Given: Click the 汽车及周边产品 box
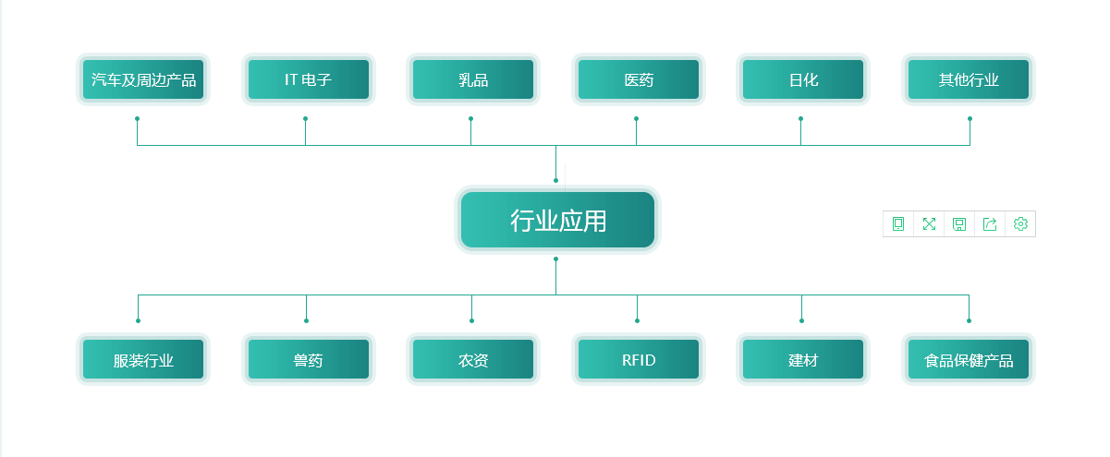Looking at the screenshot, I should point(143,79).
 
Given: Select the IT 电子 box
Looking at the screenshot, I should point(308,79).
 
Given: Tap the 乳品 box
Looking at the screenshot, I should point(472,79).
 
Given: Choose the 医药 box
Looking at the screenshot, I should point(638,79).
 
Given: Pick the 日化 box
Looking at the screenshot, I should point(802,79).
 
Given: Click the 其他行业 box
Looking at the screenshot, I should point(968,79).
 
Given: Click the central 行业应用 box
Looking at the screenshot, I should point(557,221).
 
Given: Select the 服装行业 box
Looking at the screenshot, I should point(143,360).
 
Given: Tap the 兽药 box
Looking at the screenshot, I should point(308,360).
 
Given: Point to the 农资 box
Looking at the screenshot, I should point(472,360).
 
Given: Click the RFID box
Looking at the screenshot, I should point(638,360).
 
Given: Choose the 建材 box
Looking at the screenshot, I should point(802,360).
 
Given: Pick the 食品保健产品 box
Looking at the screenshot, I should point(968,360).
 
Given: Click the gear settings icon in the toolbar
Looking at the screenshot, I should point(1020,223).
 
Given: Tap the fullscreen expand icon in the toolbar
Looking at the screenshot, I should point(929,223).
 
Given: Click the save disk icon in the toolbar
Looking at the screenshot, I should point(959,223).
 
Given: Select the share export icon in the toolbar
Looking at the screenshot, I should point(990,223).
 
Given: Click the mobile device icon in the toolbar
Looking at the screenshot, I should point(898,223).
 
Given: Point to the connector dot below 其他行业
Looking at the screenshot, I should point(970,118).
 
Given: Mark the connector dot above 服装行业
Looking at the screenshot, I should point(138,320).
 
